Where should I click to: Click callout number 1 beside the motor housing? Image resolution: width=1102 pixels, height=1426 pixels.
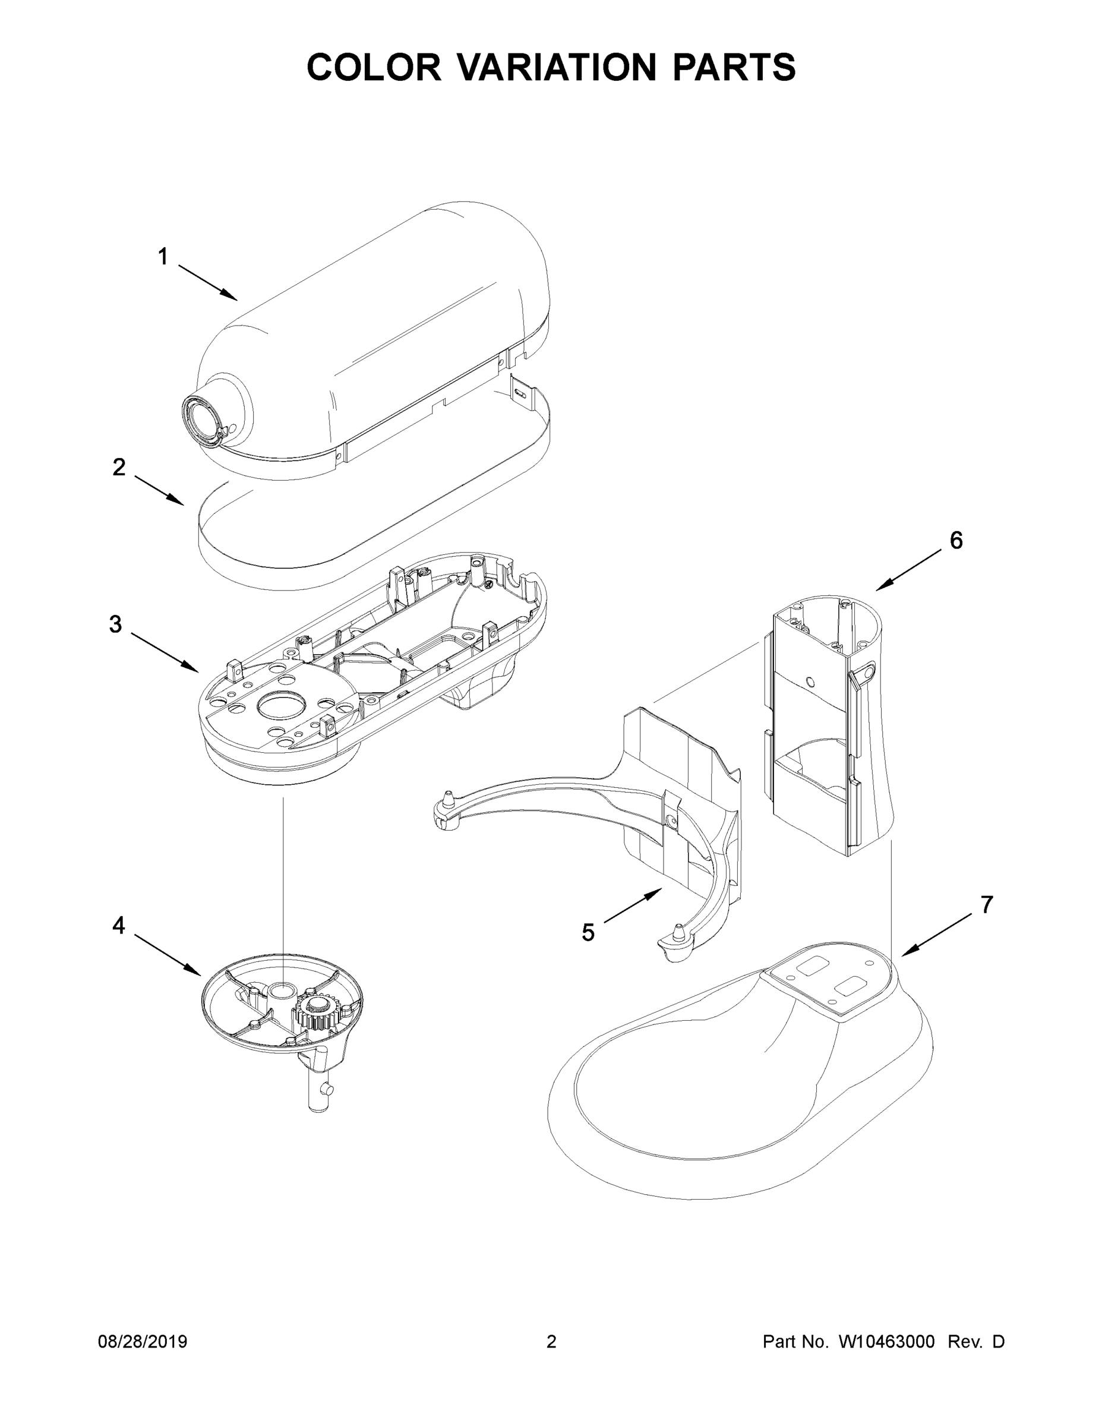[163, 257]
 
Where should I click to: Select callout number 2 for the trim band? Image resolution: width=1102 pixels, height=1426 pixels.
[119, 468]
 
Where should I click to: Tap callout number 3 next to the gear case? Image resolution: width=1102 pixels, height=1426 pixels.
[116, 625]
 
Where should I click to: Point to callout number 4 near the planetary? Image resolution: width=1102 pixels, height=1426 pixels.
[118, 925]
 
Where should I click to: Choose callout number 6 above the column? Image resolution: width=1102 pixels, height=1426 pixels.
[956, 541]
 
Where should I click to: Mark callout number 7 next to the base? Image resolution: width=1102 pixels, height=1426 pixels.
[986, 904]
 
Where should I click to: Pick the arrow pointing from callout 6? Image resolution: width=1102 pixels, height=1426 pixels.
[909, 570]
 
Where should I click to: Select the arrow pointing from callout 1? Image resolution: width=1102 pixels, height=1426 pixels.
[207, 283]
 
